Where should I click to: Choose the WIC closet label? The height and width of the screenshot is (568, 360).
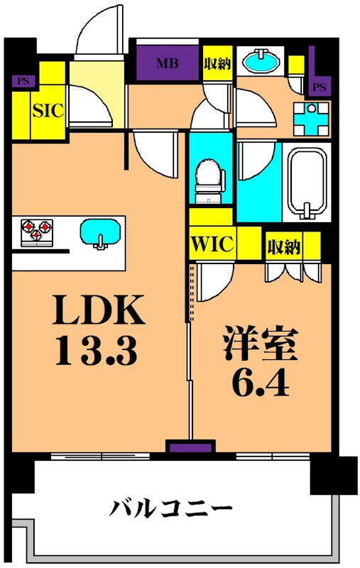click(211, 244)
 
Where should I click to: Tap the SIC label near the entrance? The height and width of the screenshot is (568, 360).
click(48, 110)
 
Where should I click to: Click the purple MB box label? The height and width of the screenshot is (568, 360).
click(167, 63)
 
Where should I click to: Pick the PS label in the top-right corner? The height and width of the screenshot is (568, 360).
click(320, 87)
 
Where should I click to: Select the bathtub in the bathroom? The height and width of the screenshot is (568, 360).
click(307, 182)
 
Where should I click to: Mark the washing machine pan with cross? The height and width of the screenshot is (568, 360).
click(313, 119)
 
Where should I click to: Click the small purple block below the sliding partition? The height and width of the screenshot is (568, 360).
click(190, 447)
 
